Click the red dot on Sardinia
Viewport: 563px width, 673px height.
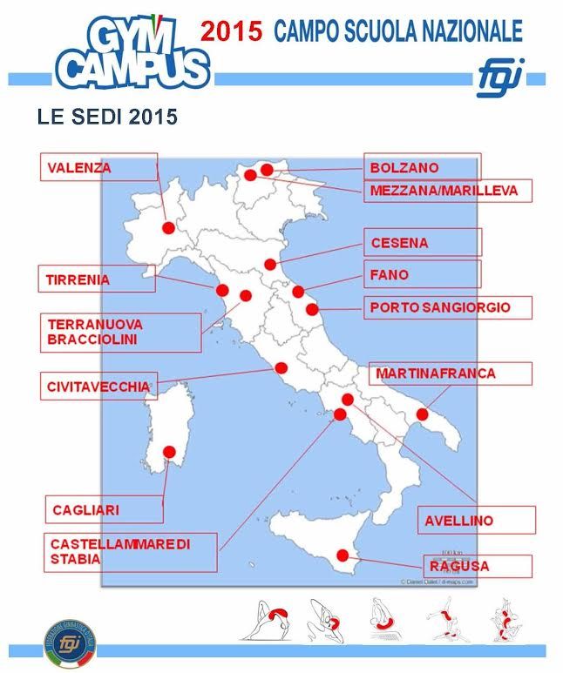tap(169, 452)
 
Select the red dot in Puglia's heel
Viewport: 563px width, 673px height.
tap(423, 414)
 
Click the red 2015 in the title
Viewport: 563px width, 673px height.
tap(232, 32)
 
